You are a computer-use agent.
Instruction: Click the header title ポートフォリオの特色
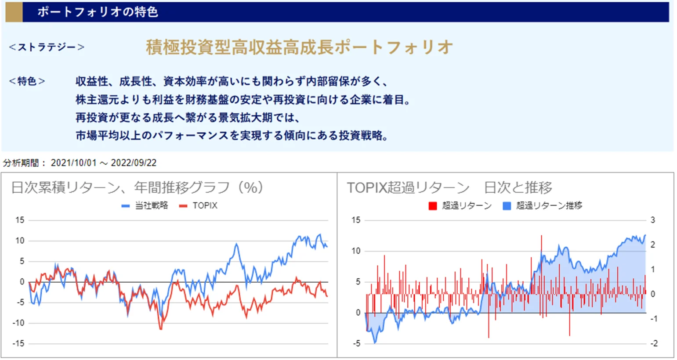tap(98, 12)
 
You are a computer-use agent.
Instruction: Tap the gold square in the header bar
tap(14, 12)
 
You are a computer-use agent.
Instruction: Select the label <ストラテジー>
tap(47, 47)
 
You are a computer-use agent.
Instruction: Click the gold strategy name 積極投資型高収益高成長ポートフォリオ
tap(299, 47)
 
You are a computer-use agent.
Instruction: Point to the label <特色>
tap(27, 81)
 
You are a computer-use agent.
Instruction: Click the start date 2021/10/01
tap(73, 163)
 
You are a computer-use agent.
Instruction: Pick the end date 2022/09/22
tap(134, 163)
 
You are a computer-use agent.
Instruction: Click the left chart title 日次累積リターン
tap(65, 187)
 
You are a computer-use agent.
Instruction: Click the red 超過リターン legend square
tap(433, 205)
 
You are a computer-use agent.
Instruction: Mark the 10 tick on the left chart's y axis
tap(20, 241)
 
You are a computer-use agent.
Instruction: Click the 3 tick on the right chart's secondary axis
tap(653, 220)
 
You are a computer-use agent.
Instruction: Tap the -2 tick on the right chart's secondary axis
tap(654, 343)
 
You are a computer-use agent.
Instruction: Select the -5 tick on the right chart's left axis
tap(357, 343)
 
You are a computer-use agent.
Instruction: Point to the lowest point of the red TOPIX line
tap(160, 329)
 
